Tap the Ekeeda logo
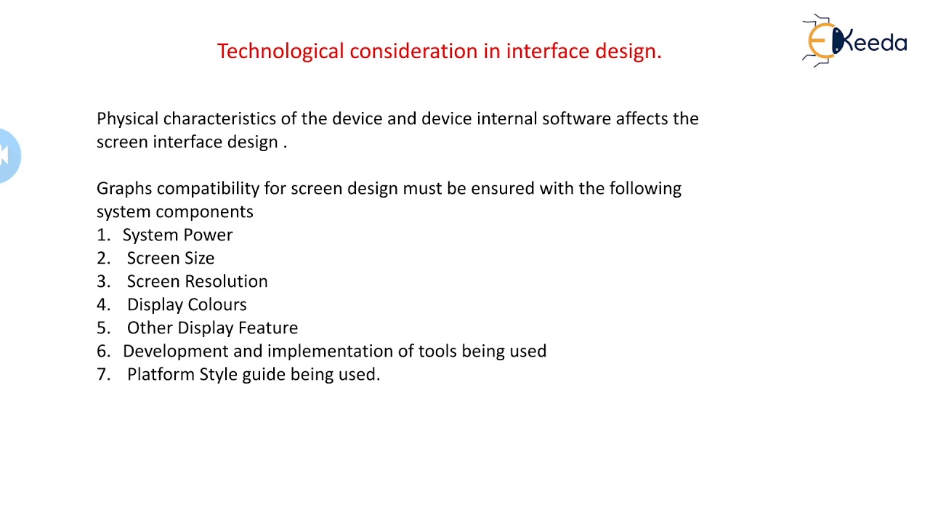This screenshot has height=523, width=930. [855, 41]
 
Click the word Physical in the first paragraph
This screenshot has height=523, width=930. [127, 119]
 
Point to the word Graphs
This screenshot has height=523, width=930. [124, 189]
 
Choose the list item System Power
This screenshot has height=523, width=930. [177, 235]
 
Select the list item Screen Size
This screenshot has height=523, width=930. [171, 259]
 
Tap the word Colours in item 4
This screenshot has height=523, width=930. [217, 305]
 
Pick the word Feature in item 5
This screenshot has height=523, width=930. [268, 328]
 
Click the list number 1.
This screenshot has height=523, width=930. [102, 235]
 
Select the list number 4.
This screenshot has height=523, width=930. [102, 305]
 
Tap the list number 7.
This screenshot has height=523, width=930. [102, 375]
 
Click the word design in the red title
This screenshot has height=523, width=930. [627, 51]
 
